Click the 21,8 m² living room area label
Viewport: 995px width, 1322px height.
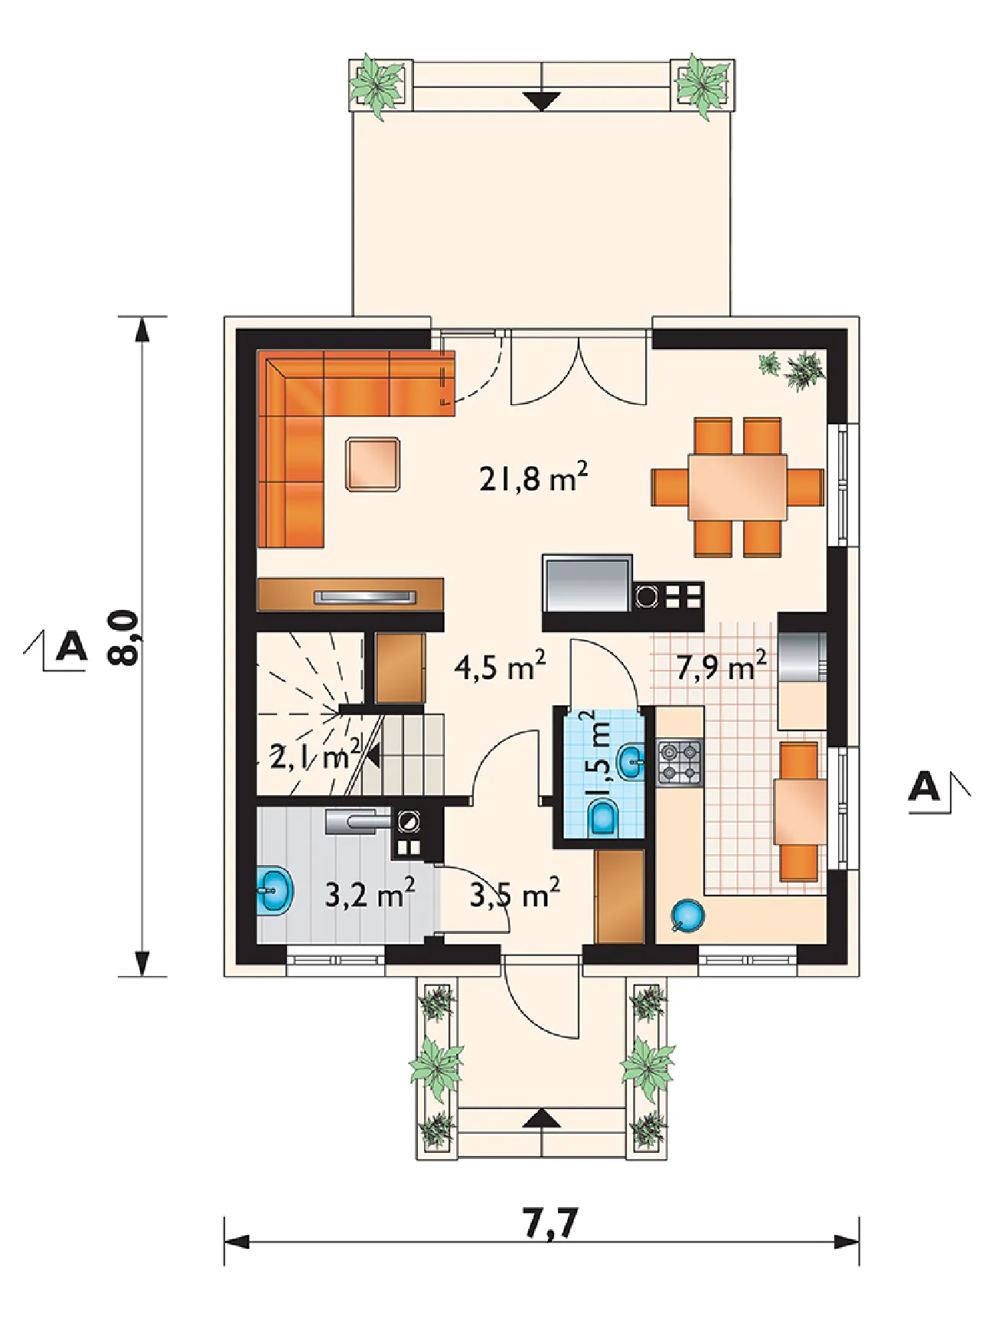coord(533,478)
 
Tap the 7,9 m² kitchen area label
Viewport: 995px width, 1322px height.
coord(721,667)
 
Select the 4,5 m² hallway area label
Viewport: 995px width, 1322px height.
coord(500,667)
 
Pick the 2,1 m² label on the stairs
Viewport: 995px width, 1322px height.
coord(315,756)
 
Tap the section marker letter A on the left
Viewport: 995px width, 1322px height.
coord(72,646)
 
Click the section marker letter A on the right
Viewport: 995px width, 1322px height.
coord(925,786)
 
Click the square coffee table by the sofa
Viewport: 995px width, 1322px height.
coord(373,464)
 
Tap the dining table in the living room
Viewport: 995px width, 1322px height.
coord(738,488)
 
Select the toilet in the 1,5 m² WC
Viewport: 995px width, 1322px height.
coord(605,818)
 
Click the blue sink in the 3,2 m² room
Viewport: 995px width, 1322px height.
coord(275,892)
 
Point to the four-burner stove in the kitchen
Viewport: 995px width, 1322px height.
coord(680,762)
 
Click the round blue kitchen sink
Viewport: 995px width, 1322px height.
coord(687,915)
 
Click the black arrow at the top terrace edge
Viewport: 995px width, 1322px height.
coord(542,101)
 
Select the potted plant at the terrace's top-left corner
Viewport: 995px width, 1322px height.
coord(377,84)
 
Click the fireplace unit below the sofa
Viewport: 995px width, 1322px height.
coord(351,595)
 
